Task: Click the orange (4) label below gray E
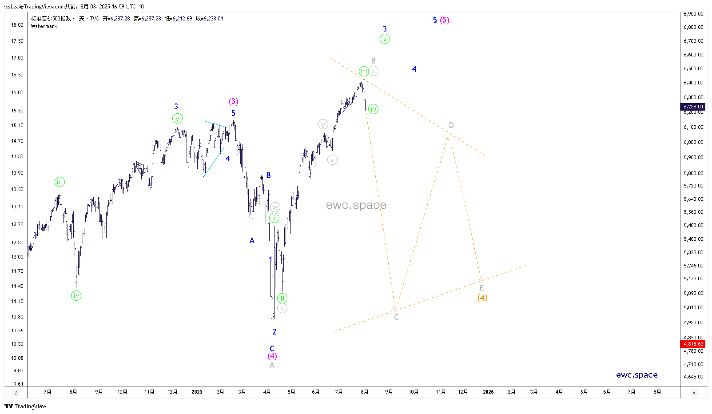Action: click(482, 298)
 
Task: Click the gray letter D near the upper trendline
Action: click(451, 125)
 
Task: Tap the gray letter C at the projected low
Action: click(396, 317)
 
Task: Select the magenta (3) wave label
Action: click(234, 102)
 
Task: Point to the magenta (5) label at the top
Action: click(445, 20)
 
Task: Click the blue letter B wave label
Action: click(269, 175)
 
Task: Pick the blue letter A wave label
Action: click(252, 240)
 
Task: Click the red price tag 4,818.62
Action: click(693, 344)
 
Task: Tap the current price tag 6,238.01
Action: click(693, 107)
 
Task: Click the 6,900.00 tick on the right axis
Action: click(693, 14)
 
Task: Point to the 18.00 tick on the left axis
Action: click(17, 25)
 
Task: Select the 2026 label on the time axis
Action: click(488, 392)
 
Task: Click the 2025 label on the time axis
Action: click(197, 392)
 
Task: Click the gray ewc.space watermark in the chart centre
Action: click(356, 205)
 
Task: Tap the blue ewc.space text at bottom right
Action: click(636, 375)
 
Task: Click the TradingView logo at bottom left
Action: click(26, 406)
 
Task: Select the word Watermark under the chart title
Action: click(44, 26)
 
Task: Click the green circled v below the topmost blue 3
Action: click(385, 39)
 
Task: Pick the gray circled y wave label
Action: click(323, 124)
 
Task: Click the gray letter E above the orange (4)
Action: click(481, 288)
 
